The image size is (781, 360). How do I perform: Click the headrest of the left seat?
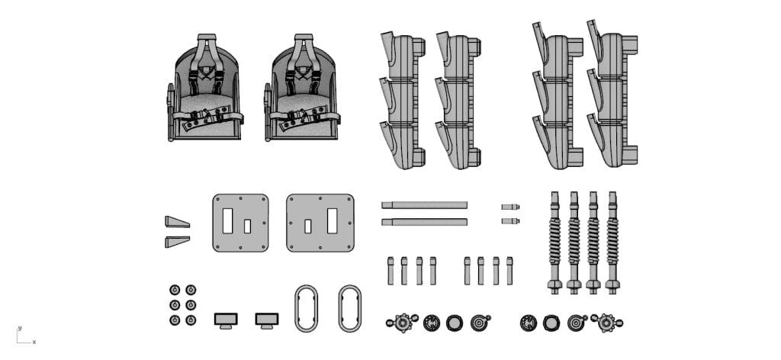pos(207,37)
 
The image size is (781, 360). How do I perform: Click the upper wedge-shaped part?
pos(177,222)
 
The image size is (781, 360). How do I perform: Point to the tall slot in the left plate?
pos(227,221)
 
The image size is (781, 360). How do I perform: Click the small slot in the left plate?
pos(247,227)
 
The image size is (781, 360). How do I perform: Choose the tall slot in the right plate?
pos(332,221)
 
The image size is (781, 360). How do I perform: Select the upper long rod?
pos(424,205)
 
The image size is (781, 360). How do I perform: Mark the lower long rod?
pos(424,222)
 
